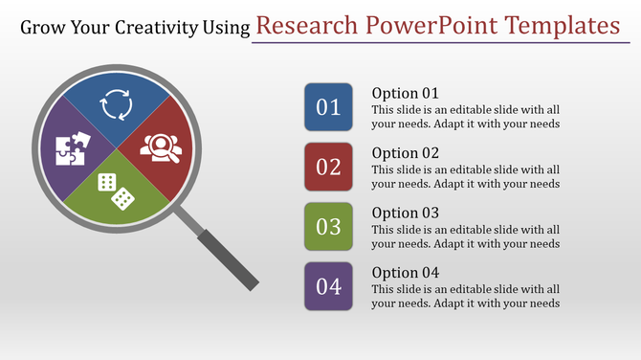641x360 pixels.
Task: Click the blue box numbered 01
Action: [x=328, y=107]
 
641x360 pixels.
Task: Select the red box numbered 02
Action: [x=328, y=167]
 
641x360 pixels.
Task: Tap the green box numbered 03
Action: [x=328, y=227]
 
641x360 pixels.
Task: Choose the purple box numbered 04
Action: [x=328, y=286]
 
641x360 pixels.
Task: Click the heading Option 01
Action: [x=405, y=93]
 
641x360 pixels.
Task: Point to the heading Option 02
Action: [x=405, y=153]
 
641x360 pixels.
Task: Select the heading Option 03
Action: [x=405, y=213]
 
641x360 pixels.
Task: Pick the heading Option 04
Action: [x=405, y=272]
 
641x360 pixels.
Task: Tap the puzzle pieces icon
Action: [x=74, y=148]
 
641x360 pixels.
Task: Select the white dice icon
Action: [x=117, y=190]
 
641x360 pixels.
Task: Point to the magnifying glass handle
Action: [x=226, y=255]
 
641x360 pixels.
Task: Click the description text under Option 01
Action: [x=465, y=116]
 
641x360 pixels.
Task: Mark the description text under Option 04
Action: [x=465, y=296]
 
